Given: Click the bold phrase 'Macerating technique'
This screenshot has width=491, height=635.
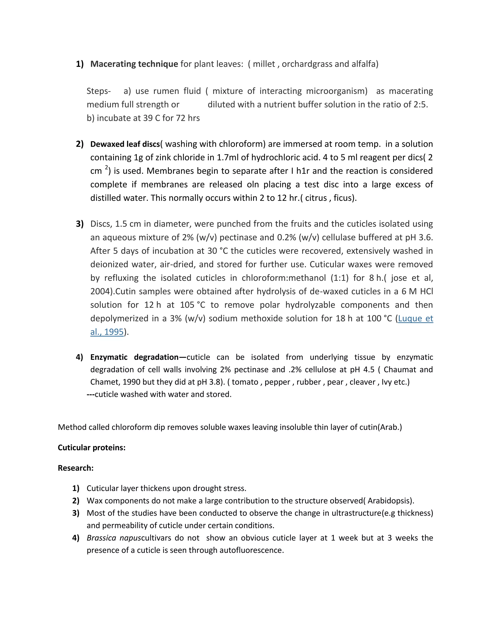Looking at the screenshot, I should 134,64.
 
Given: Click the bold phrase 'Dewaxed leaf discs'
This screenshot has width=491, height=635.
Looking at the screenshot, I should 125,144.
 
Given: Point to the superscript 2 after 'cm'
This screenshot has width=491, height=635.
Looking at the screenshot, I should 106,168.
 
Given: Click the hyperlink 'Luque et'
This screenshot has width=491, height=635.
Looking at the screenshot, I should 415,319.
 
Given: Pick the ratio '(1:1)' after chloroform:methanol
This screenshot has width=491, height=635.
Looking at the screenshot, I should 339,278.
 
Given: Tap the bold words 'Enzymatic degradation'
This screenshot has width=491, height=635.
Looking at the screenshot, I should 134,357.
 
